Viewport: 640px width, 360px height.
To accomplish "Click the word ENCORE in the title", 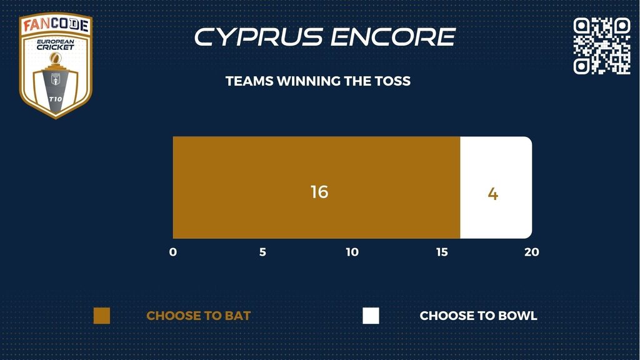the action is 393,37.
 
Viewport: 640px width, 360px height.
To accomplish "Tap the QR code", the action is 602,46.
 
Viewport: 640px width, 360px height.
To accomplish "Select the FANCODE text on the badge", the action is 56,24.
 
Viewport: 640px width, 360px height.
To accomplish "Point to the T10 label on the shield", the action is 56,99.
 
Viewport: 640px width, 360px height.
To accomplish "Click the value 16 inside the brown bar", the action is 319,192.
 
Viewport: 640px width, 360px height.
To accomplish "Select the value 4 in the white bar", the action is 492,194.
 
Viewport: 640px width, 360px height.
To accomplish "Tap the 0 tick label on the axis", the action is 173,252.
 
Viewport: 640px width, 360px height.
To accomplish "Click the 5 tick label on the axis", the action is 262,252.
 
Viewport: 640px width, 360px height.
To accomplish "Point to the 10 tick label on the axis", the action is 352,252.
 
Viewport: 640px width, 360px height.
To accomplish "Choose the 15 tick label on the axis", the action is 442,252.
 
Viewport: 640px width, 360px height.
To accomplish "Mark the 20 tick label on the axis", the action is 532,252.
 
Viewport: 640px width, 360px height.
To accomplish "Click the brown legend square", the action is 102,316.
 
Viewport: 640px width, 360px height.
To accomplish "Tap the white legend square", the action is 371,316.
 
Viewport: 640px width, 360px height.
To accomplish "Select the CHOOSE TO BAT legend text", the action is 198,316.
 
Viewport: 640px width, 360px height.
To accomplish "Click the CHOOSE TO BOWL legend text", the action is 478,316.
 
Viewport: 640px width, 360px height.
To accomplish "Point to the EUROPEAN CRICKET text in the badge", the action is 56,44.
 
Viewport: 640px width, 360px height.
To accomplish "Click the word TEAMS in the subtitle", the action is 249,81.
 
